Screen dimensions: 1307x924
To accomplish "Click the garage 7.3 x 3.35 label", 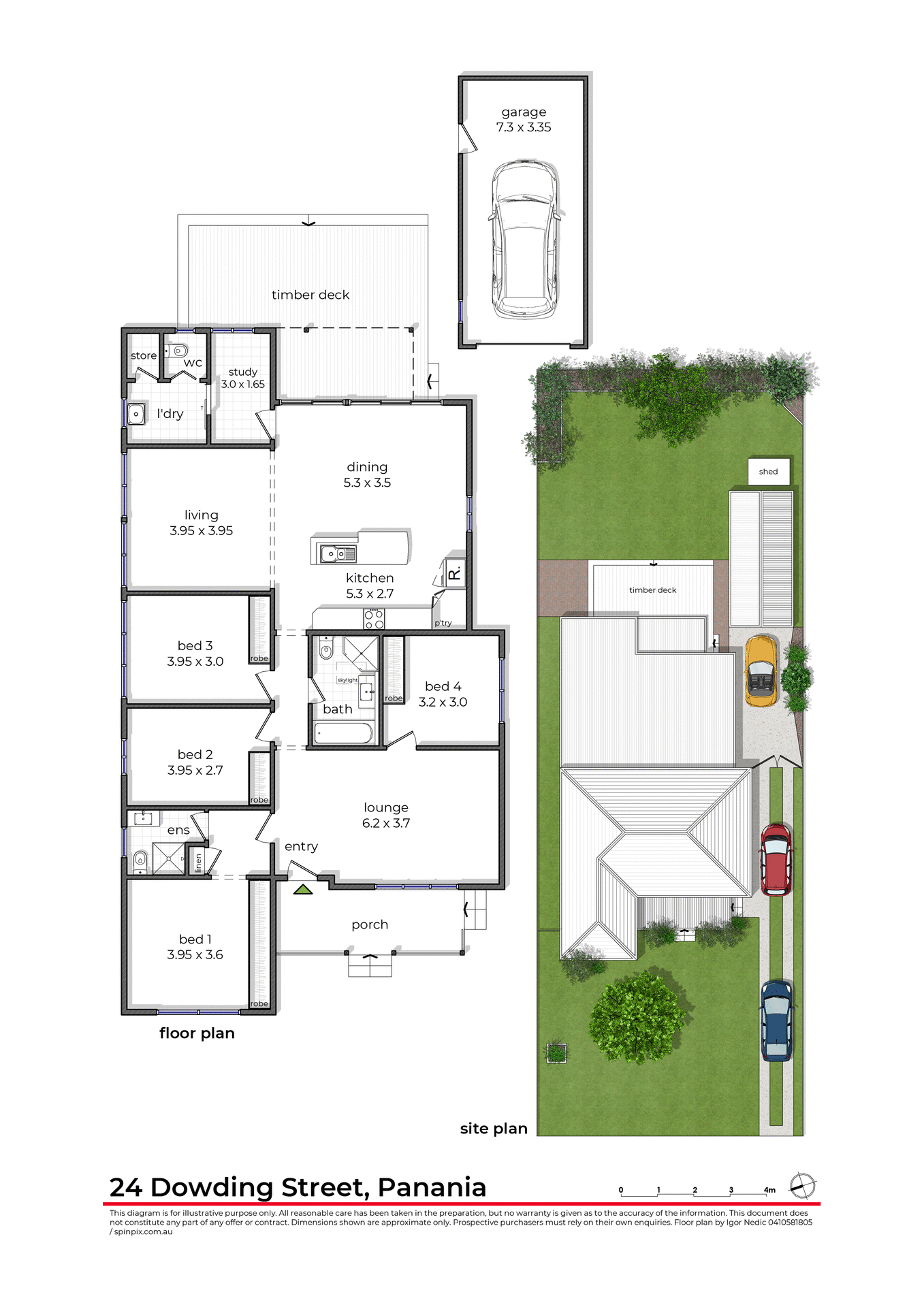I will click(524, 120).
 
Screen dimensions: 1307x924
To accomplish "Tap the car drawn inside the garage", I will click(524, 240).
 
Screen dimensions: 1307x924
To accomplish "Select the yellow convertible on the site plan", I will click(761, 671).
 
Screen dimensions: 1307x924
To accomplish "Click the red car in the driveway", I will click(776, 859).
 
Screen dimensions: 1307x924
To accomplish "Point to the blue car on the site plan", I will click(776, 1020).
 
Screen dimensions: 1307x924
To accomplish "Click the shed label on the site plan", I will click(768, 472).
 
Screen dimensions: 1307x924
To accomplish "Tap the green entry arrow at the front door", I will click(303, 889).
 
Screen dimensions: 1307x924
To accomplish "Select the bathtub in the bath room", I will click(343, 734).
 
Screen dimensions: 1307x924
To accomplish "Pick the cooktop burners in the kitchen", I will click(374, 619).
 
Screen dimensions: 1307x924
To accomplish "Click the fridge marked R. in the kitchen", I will click(455, 572).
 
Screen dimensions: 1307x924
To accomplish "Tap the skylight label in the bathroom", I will click(347, 680).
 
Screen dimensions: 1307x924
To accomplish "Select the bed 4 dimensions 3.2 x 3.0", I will click(443, 703).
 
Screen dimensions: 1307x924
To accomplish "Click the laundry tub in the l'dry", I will click(136, 414).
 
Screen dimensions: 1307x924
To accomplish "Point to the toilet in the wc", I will click(179, 351).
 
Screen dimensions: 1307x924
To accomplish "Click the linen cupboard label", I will click(198, 862).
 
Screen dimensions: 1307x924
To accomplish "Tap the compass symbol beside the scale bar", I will click(802, 1186).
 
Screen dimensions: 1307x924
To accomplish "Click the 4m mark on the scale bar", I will click(769, 1190).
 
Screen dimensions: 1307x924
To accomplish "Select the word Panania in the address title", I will click(432, 1187).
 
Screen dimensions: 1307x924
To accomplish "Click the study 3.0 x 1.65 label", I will click(243, 378).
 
